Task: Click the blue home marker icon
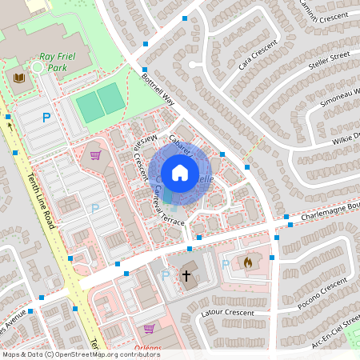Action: coord(180,173)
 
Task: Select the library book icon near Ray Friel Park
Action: coord(19,78)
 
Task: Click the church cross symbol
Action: coord(186,275)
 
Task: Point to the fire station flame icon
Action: coord(248,262)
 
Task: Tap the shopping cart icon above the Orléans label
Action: coord(149,328)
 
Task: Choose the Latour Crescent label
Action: coord(229,313)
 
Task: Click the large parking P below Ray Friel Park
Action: coord(46,118)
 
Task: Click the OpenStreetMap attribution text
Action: coord(70,354)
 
